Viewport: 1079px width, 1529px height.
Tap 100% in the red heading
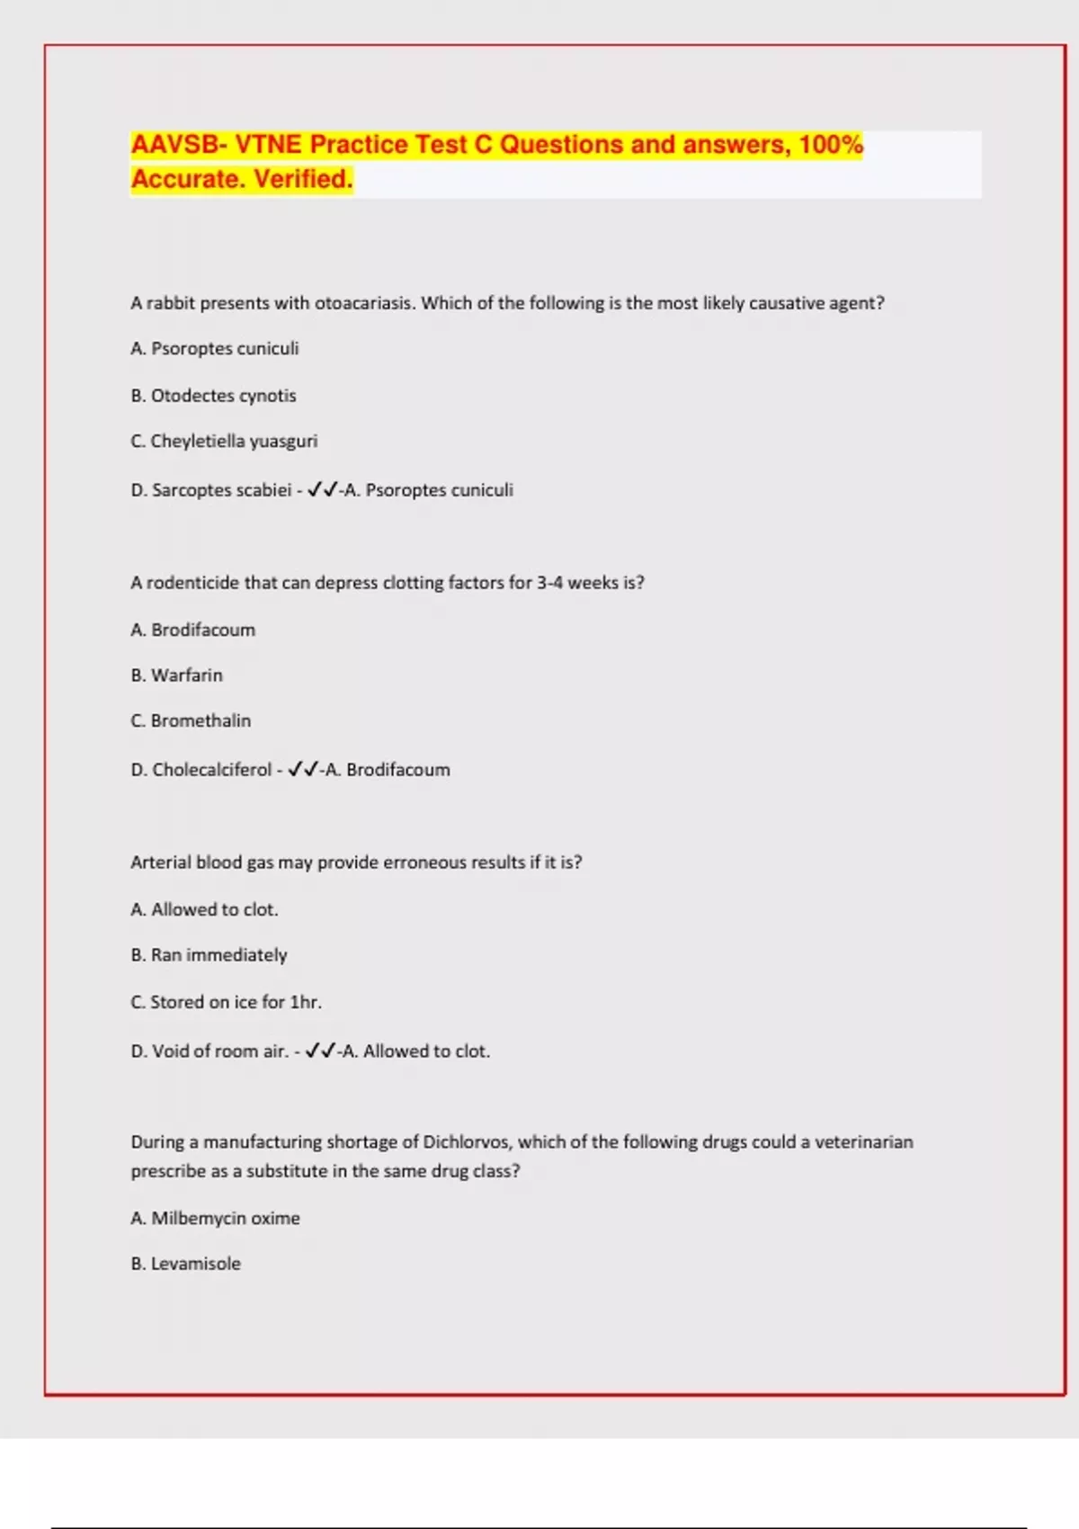click(x=831, y=144)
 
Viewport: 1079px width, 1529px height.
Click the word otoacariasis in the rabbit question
click(x=364, y=303)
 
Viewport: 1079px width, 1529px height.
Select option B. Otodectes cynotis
click(x=213, y=396)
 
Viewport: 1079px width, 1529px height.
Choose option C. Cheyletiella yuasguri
click(x=224, y=442)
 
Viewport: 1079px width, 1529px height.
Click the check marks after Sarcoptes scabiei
click(x=322, y=490)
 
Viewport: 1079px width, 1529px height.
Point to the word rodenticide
click(x=193, y=583)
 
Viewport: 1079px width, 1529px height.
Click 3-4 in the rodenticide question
click(x=549, y=583)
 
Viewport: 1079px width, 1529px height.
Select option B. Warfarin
click(x=176, y=675)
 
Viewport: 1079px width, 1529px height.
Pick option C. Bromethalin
click(x=191, y=721)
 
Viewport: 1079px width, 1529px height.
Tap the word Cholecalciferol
click(x=211, y=770)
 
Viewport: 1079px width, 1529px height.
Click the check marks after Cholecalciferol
click(x=303, y=770)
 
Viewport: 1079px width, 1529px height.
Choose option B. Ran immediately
click(x=209, y=955)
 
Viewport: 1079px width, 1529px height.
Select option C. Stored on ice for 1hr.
click(x=226, y=1002)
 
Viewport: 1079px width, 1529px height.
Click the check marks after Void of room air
click(x=320, y=1051)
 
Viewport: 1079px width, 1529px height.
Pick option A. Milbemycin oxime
click(x=215, y=1219)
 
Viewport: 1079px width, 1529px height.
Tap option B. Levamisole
click(x=185, y=1264)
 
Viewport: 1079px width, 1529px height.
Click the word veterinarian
click(x=863, y=1142)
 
